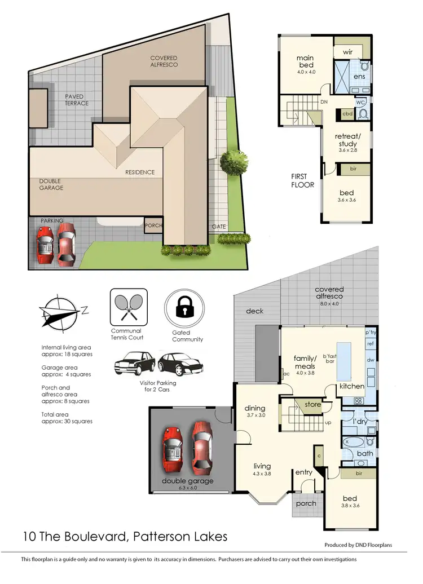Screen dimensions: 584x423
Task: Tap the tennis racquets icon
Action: pyautogui.click(x=129, y=307)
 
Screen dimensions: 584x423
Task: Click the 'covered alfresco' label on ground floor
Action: pyautogui.click(x=329, y=293)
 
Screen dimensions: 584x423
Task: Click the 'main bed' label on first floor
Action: pyautogui.click(x=305, y=61)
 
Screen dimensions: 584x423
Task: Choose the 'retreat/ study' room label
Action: pyautogui.click(x=346, y=140)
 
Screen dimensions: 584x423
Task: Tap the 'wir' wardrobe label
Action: pyautogui.click(x=347, y=51)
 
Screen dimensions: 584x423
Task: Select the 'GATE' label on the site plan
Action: pyautogui.click(x=219, y=226)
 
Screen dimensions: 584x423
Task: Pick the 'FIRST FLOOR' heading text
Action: pyautogui.click(x=302, y=180)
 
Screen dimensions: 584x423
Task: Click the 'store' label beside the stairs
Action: pyautogui.click(x=312, y=404)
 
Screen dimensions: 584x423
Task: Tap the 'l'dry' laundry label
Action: pyautogui.click(x=360, y=422)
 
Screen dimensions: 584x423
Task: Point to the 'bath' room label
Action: pyautogui.click(x=365, y=453)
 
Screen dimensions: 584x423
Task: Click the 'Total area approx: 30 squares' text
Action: pyautogui.click(x=67, y=417)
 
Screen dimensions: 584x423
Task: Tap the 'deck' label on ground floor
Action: pyautogui.click(x=254, y=311)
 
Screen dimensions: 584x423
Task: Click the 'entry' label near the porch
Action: pyautogui.click(x=303, y=472)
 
